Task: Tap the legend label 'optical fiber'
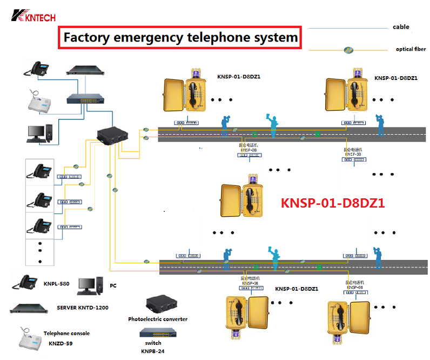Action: click(x=411, y=49)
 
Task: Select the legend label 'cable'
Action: click(x=401, y=27)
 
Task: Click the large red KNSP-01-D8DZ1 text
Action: click(x=332, y=203)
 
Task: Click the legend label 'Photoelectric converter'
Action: click(x=158, y=319)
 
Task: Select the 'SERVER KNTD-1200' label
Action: click(x=83, y=308)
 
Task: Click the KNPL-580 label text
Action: click(x=57, y=283)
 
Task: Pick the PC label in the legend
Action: click(x=113, y=285)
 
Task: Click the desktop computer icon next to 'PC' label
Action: click(x=89, y=286)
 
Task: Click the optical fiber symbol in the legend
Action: click(x=349, y=50)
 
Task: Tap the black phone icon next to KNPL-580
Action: click(x=25, y=282)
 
